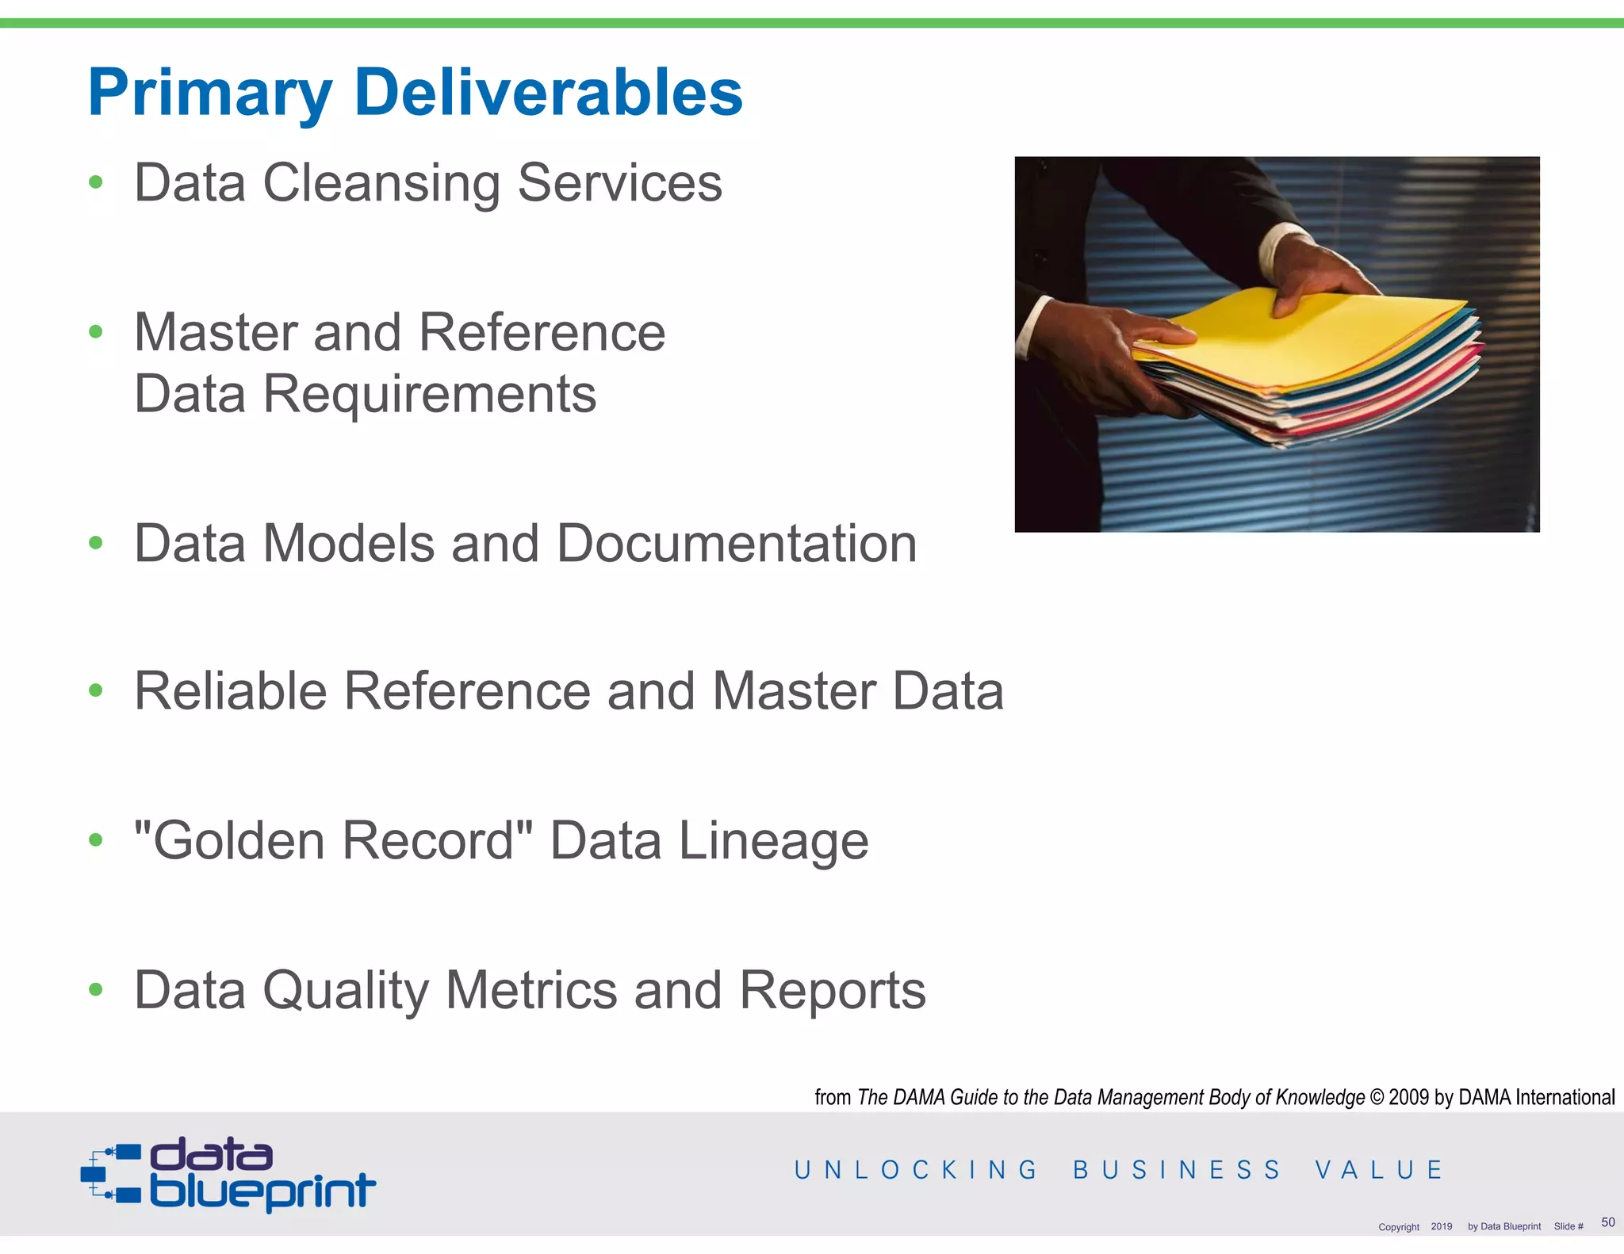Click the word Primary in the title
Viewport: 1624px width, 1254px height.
pos(210,94)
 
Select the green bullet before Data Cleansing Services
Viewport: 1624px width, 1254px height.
pos(96,182)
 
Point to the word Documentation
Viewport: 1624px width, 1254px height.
pos(737,544)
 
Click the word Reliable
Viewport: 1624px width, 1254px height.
pos(230,691)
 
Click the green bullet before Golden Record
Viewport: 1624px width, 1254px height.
pos(96,839)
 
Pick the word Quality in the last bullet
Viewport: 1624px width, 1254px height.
pos(345,991)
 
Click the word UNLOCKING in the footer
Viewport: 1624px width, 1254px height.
pos(916,1170)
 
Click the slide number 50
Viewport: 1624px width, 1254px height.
pos(1607,1222)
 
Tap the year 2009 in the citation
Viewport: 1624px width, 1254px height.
pos(1409,1097)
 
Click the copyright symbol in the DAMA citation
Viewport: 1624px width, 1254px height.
pos(1376,1097)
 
